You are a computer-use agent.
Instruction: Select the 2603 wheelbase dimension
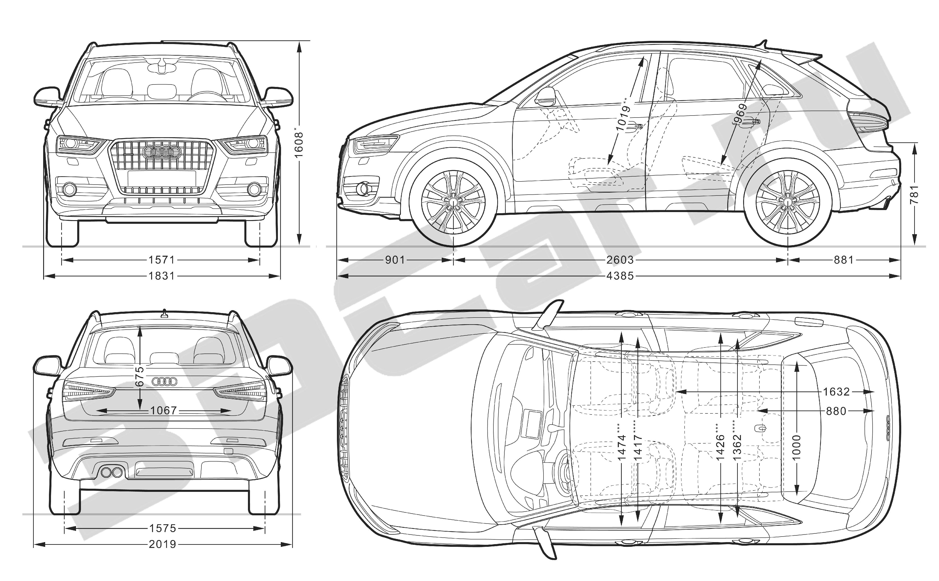coord(620,260)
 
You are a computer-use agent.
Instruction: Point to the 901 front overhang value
coord(395,260)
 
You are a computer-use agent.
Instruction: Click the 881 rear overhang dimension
coord(844,260)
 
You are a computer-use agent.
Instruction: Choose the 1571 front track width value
coord(162,260)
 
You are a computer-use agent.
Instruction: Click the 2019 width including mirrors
coord(163,544)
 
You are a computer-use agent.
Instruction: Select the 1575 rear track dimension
coord(163,528)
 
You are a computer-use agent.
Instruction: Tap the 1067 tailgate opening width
coord(163,411)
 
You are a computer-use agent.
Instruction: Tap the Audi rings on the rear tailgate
coord(165,381)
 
